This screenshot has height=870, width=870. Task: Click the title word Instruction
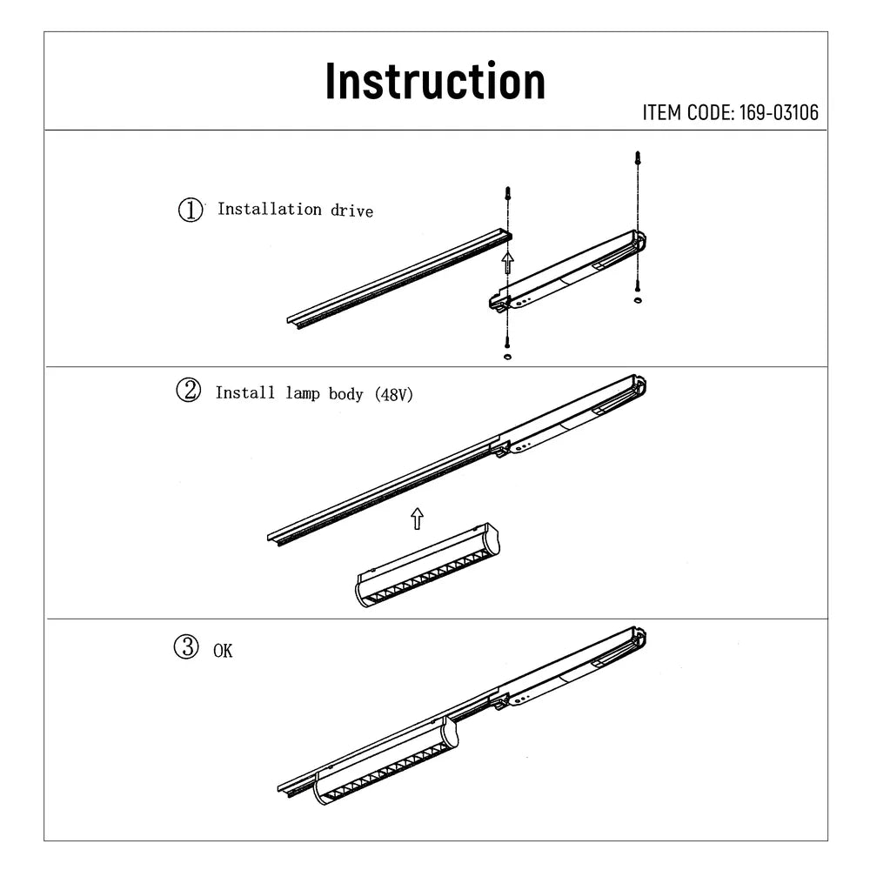click(435, 82)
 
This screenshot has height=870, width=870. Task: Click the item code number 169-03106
click(780, 112)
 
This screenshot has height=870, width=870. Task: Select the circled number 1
click(190, 210)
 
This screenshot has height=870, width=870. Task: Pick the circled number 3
click(185, 648)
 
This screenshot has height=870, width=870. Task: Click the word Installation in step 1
click(269, 209)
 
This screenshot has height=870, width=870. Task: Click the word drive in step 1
click(351, 210)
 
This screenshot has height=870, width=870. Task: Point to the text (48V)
click(393, 394)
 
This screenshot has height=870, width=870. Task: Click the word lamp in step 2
click(304, 393)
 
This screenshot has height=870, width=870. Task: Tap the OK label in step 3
click(223, 650)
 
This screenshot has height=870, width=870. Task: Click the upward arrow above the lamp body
click(417, 519)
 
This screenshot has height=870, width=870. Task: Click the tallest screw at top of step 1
click(639, 161)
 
